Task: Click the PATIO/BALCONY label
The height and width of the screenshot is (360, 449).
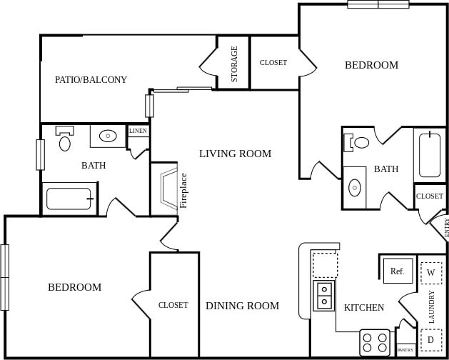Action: pyautogui.click(x=91, y=80)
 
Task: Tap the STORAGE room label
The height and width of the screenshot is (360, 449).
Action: pyautogui.click(x=234, y=64)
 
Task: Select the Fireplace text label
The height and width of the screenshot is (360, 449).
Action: pyautogui.click(x=183, y=190)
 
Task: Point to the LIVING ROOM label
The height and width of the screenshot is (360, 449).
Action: pyautogui.click(x=235, y=154)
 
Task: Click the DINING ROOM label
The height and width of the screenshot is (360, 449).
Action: pyautogui.click(x=242, y=306)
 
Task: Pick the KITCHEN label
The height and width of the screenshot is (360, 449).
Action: pyautogui.click(x=364, y=308)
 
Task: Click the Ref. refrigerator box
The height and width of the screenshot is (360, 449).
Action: pyautogui.click(x=398, y=271)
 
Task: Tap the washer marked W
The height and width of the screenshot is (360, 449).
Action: pyautogui.click(x=430, y=272)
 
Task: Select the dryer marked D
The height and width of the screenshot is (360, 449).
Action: pyautogui.click(x=430, y=339)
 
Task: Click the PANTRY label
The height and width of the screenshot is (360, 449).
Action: pyautogui.click(x=405, y=350)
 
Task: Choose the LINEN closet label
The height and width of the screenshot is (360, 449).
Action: pyautogui.click(x=138, y=131)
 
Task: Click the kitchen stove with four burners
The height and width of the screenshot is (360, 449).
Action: pyautogui.click(x=375, y=342)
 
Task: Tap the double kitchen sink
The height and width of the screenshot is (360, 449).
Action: pyautogui.click(x=324, y=294)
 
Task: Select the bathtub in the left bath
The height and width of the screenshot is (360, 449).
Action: pyautogui.click(x=69, y=199)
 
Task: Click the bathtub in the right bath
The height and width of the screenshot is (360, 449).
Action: pyautogui.click(x=430, y=155)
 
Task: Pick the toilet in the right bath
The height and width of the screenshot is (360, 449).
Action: pyautogui.click(x=359, y=142)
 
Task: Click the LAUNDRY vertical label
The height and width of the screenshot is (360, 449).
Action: pyautogui.click(x=432, y=306)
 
